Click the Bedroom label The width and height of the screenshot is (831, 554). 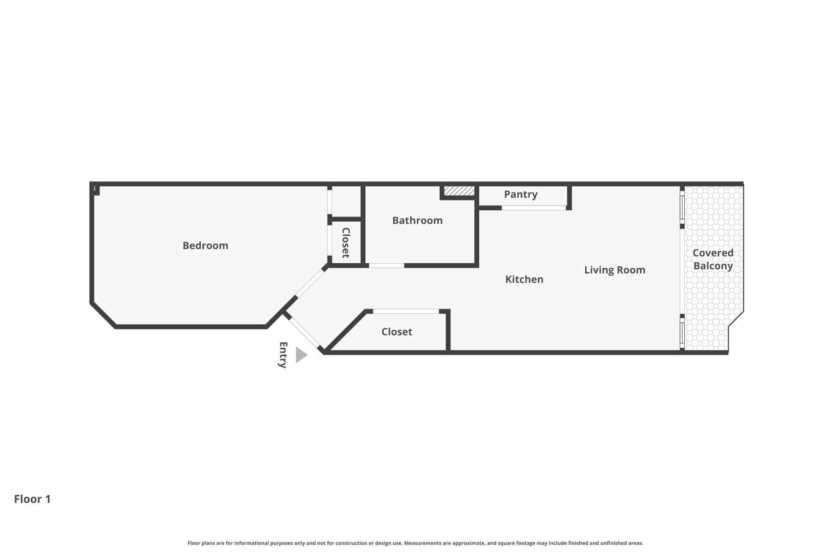[x=205, y=245]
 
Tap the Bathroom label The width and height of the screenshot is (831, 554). [x=417, y=220]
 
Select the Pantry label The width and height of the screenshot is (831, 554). [x=521, y=194]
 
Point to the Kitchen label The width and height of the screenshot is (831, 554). [x=524, y=279]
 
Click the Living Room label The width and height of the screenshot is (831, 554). [x=615, y=270]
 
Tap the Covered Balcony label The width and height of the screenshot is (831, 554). [x=713, y=259]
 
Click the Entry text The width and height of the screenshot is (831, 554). [x=283, y=355]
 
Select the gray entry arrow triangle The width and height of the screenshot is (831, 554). [x=301, y=355]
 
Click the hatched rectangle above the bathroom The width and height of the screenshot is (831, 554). [x=459, y=191]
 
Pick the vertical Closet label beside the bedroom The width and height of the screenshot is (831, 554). [x=346, y=243]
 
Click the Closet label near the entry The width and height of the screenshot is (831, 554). [x=396, y=332]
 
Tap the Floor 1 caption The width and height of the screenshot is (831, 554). [x=32, y=499]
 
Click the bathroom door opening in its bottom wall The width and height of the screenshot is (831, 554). [x=386, y=265]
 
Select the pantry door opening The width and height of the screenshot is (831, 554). [x=534, y=208]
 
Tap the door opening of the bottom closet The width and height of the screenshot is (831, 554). [x=406, y=311]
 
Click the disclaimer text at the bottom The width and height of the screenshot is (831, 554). [x=415, y=543]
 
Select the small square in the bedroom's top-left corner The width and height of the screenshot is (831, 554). [x=96, y=190]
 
